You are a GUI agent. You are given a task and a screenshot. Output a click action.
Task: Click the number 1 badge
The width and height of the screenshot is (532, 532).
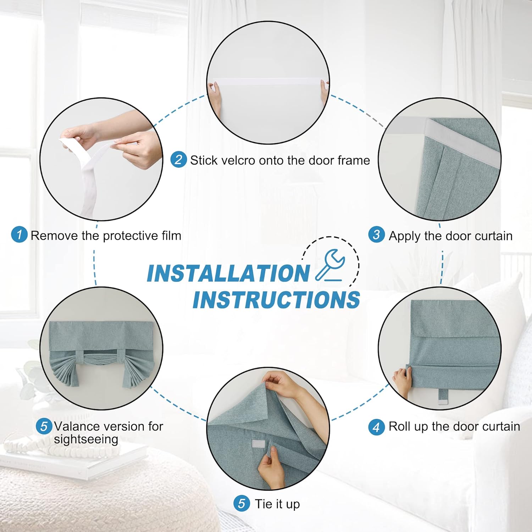pos(19,235)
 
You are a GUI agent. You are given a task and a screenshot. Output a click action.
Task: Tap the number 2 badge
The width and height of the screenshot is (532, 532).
pos(178,160)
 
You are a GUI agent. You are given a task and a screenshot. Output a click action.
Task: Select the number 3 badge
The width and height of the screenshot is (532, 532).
pos(376,235)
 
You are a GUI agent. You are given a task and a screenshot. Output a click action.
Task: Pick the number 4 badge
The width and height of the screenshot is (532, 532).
pos(376,427)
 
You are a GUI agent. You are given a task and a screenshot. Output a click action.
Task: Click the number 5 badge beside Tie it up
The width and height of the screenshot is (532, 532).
pos(242,504)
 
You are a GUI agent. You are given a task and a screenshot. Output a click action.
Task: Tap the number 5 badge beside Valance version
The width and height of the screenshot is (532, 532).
pos(44,426)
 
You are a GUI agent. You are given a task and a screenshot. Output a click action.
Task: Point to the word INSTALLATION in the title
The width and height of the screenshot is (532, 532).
pos(228,273)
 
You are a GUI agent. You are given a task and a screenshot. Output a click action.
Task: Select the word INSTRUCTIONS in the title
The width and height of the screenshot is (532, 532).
pos(277,300)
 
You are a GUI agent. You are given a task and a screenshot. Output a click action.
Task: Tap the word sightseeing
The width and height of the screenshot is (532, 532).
pos(86,439)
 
